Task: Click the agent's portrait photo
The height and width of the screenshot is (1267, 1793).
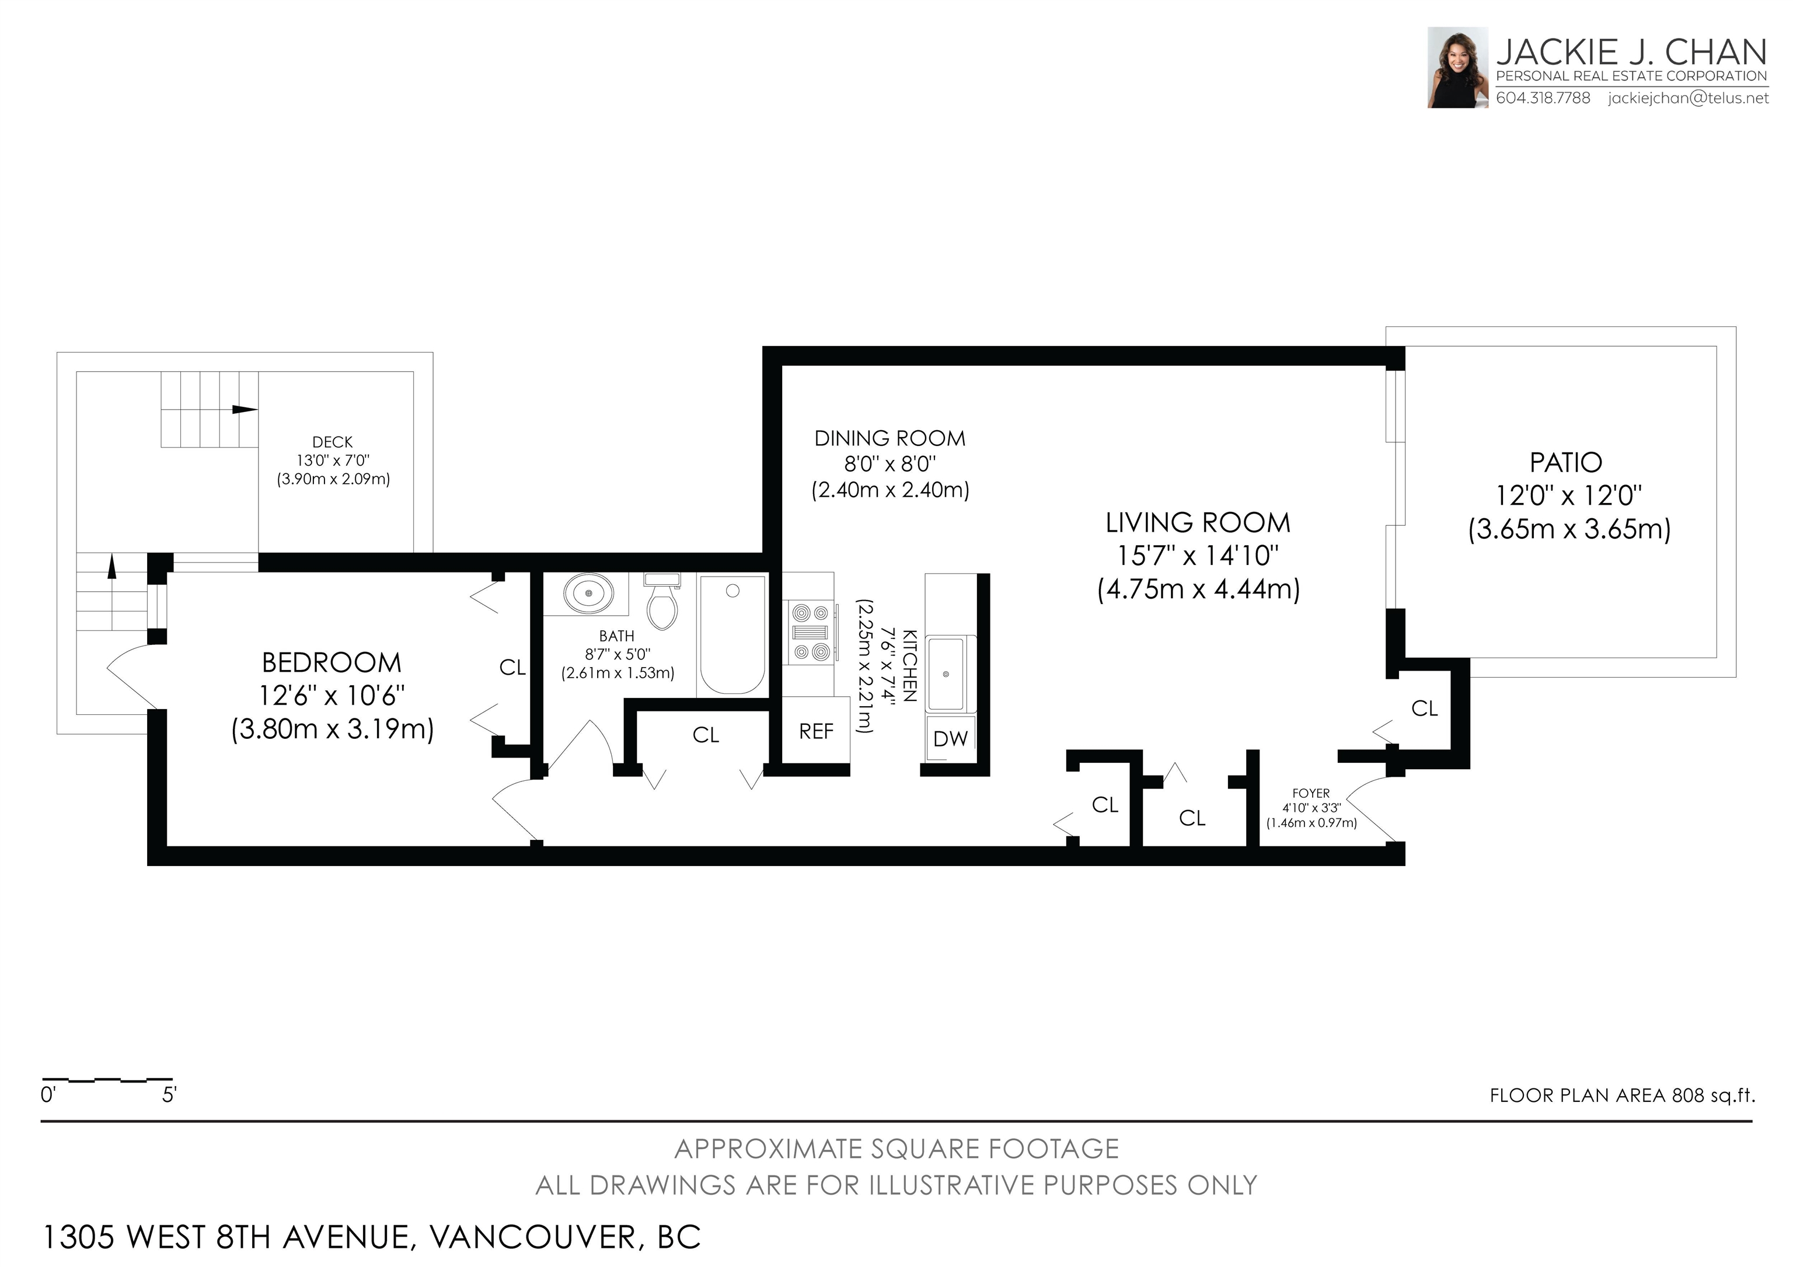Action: tap(1457, 67)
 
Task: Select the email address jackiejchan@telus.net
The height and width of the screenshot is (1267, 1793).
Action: tap(1689, 99)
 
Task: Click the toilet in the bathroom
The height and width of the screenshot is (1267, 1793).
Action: tap(662, 601)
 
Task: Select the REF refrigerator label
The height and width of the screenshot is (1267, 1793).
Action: tap(816, 731)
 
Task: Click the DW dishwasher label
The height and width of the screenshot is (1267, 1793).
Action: tap(950, 738)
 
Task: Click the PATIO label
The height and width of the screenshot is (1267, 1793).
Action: tap(1566, 463)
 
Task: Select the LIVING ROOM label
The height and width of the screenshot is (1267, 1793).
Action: tap(1198, 522)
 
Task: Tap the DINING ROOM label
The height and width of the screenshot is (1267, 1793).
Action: tap(890, 439)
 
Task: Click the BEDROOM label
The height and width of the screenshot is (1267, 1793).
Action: tap(332, 663)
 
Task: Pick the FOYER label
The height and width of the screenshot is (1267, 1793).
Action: tap(1311, 793)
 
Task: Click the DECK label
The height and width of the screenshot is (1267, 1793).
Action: tap(333, 442)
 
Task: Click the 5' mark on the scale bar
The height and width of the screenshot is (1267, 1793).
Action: tap(169, 1095)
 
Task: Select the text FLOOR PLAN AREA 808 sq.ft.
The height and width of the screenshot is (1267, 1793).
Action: tap(1622, 1095)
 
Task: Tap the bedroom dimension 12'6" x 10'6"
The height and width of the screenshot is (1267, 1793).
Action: tap(332, 696)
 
